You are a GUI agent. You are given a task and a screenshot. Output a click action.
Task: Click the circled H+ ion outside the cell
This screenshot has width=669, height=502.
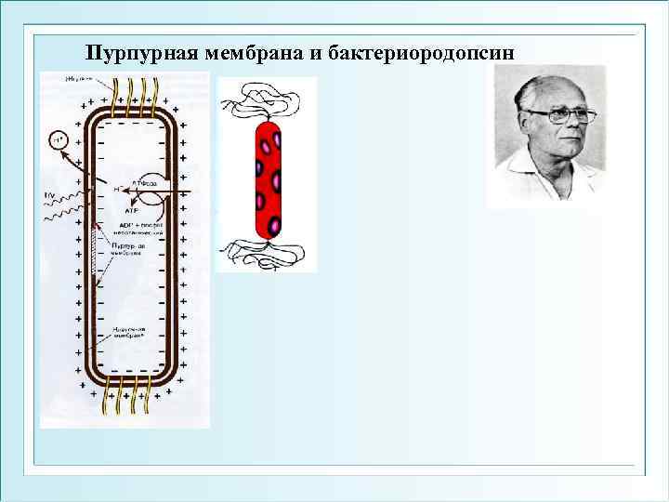pyautogui.click(x=57, y=141)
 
